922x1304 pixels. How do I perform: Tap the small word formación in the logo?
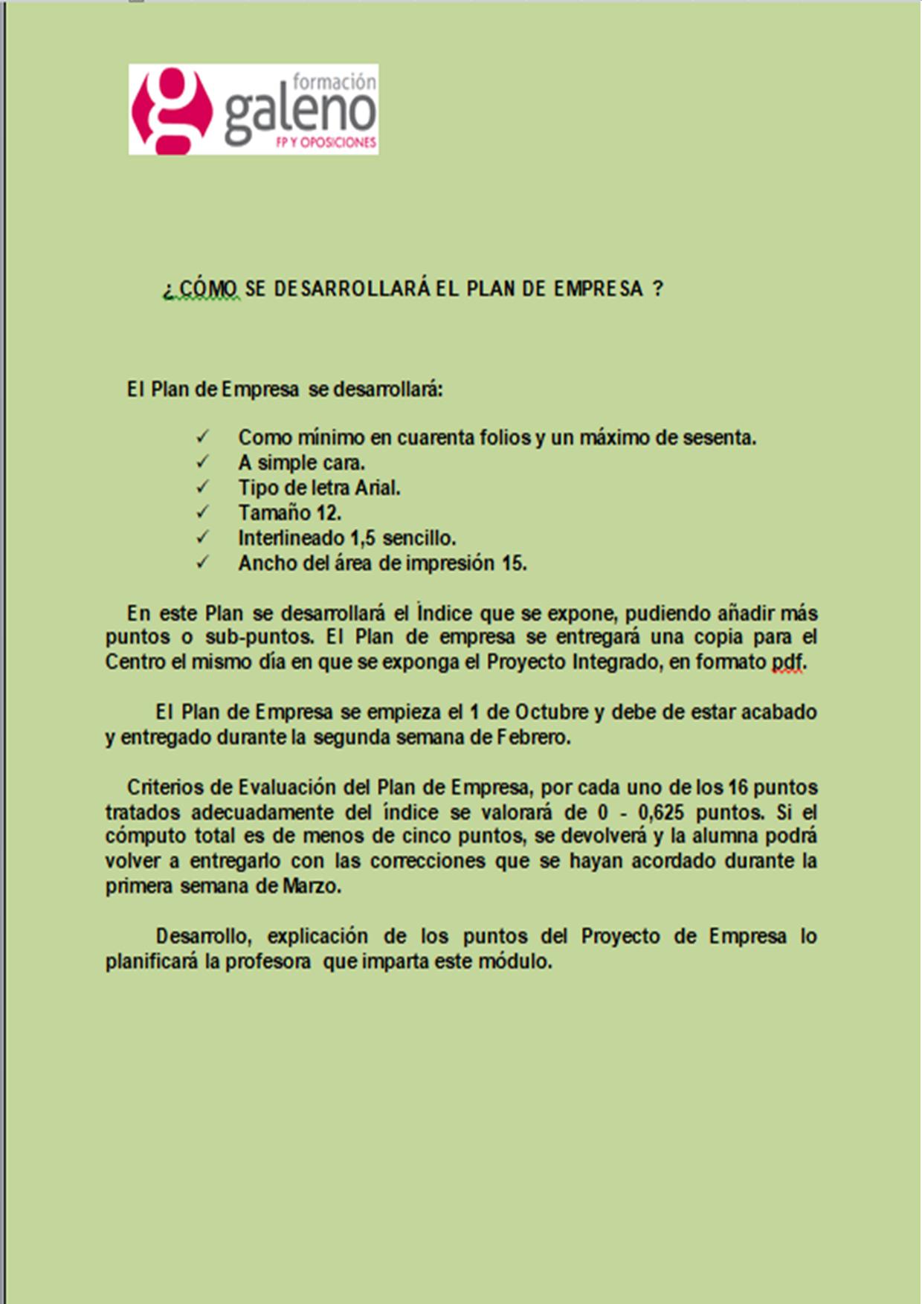pos(335,81)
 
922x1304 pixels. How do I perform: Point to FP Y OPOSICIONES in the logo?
pos(326,143)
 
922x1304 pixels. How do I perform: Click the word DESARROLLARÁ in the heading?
pos(352,288)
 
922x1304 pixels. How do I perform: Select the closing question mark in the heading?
pos(657,288)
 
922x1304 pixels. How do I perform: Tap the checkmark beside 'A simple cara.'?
pos(202,462)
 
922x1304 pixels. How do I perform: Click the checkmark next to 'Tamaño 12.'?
pos(202,512)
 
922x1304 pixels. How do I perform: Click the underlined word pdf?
pos(787,662)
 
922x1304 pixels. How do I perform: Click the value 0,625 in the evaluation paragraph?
pos(661,811)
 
